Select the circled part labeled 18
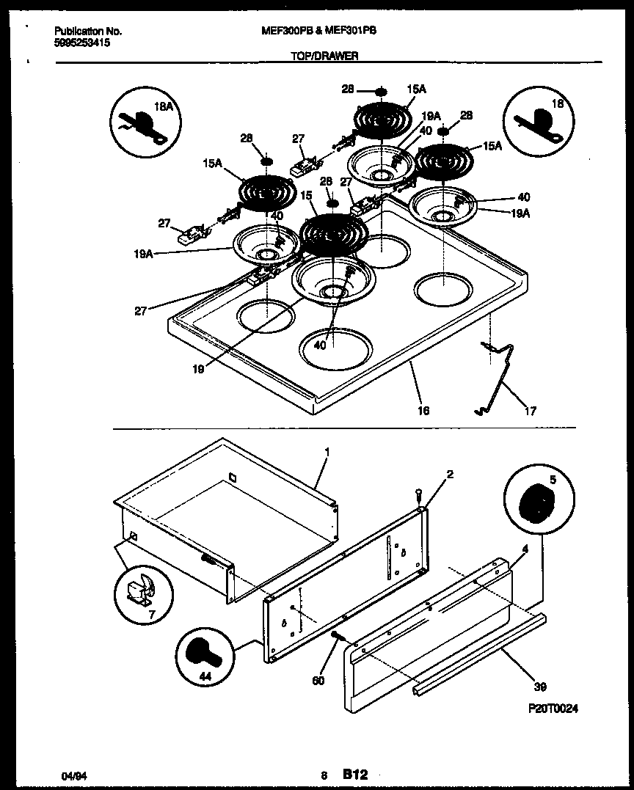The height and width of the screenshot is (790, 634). pyautogui.click(x=539, y=122)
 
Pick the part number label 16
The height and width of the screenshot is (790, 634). pyautogui.click(x=423, y=411)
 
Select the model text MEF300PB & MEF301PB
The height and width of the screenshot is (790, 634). pyautogui.click(x=318, y=31)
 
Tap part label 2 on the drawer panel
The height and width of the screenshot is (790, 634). pyautogui.click(x=450, y=475)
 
